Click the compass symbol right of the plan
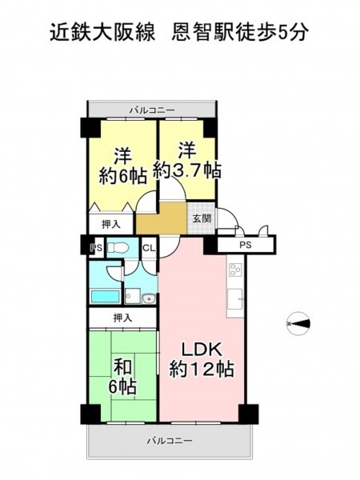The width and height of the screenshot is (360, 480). click(298, 323)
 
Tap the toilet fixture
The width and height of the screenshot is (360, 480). click(118, 247)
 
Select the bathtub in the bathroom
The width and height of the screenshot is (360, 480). click(106, 296)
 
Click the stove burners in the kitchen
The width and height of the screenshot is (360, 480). click(235, 270)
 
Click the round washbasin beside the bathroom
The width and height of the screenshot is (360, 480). click(149, 298)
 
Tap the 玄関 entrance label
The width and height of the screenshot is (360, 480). click(202, 218)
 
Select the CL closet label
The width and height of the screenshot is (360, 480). click(150, 248)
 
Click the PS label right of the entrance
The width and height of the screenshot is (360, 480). click(246, 245)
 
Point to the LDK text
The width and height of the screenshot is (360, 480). click(202, 350)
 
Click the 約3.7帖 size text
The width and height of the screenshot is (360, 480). click(186, 170)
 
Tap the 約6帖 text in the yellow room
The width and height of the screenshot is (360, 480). click(122, 176)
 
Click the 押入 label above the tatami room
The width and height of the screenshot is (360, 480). click(122, 318)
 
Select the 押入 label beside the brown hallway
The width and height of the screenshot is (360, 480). click(111, 225)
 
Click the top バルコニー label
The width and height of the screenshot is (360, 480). click(152, 110)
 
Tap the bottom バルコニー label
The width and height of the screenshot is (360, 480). click(170, 441)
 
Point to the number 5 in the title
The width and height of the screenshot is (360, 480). click(281, 33)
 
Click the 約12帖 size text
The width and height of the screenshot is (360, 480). click(202, 369)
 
